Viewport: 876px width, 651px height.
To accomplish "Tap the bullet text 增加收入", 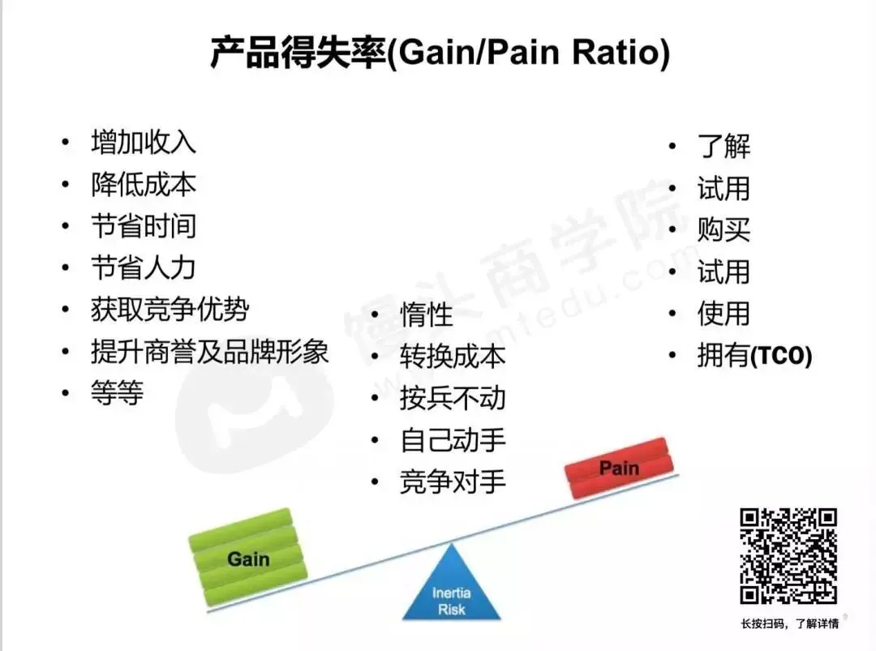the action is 144,143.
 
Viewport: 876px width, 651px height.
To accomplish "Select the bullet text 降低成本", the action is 144,185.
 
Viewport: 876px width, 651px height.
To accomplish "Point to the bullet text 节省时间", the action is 144,226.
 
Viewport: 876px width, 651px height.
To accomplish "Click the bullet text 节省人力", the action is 144,268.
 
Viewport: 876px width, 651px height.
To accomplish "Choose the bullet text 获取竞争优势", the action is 170,310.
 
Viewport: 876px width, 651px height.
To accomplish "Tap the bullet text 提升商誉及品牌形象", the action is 209,352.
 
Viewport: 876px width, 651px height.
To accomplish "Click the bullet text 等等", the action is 118,394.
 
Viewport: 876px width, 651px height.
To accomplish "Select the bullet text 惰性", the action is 427,315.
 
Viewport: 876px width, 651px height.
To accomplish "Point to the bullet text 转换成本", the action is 453,357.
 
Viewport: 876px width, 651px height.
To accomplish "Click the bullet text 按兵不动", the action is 453,398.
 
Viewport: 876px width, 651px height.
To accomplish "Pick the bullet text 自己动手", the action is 453,440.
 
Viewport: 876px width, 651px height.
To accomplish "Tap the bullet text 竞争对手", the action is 453,482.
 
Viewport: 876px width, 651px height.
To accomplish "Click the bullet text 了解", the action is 724,147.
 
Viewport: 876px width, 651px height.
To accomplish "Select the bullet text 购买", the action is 724,230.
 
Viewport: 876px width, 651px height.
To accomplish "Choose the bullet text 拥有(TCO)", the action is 754,357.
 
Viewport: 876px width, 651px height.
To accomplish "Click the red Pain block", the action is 620,469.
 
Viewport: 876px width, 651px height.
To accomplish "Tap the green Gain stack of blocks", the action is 247,558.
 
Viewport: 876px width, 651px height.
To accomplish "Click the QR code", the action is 788,556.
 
